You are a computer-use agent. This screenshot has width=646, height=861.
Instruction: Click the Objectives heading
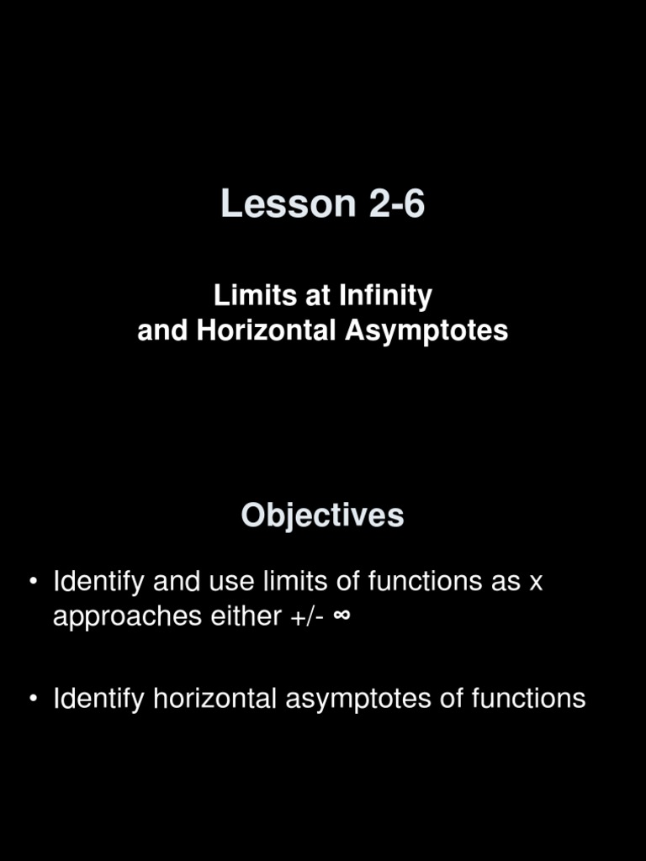(x=322, y=515)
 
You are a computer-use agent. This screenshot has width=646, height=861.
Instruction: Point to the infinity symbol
(x=342, y=616)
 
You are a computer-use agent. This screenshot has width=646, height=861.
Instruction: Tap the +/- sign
(x=305, y=616)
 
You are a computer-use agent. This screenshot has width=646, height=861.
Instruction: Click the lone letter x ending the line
(x=535, y=582)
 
